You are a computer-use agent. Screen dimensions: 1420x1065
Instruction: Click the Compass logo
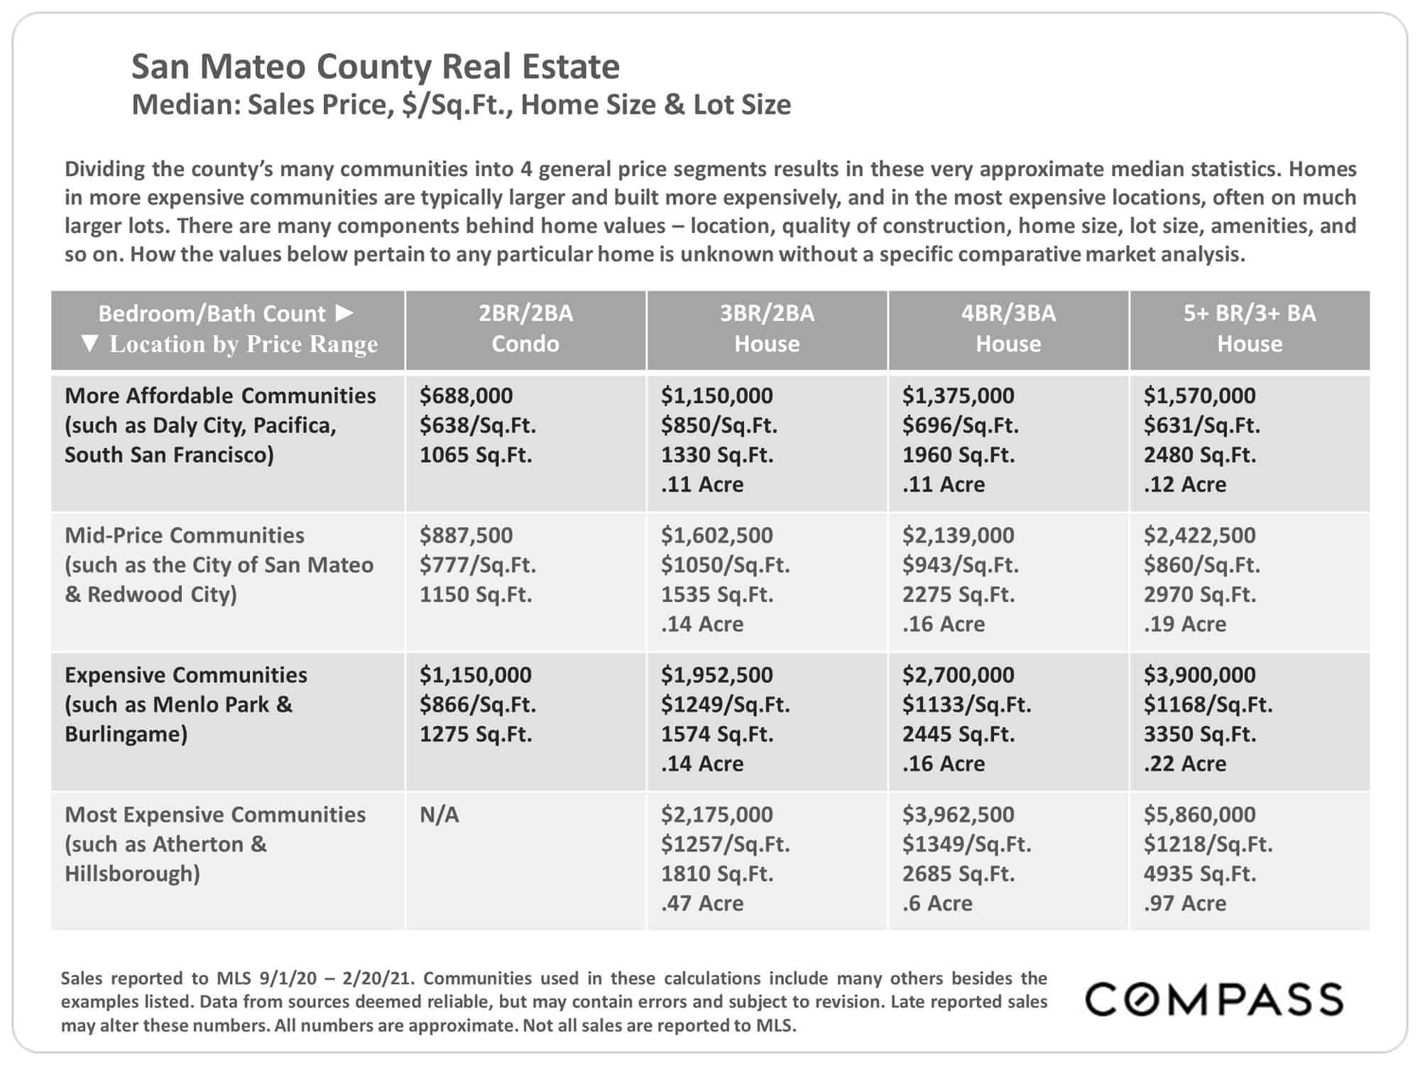tap(1213, 999)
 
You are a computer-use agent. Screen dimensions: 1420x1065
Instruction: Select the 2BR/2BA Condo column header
tap(525, 328)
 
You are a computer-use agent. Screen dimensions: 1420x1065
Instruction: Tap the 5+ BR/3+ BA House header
tap(1250, 328)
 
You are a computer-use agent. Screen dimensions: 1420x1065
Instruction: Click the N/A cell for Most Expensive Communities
tap(439, 814)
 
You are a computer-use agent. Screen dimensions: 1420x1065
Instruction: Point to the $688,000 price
tap(466, 395)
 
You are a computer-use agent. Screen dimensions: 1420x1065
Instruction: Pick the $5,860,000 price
tap(1199, 814)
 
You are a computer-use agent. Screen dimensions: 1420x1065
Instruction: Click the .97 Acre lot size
tap(1185, 903)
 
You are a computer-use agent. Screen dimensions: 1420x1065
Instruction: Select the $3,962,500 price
tap(958, 814)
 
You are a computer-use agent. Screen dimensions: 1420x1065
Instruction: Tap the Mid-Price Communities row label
tap(185, 535)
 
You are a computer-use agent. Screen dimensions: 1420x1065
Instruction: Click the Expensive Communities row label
tap(186, 675)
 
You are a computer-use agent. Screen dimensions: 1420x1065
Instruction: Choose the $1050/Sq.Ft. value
tap(726, 565)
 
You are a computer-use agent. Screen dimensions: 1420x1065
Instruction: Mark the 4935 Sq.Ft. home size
tap(1200, 873)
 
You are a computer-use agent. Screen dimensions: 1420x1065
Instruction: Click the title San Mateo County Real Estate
tap(376, 67)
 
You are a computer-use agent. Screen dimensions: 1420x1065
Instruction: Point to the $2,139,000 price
tap(958, 535)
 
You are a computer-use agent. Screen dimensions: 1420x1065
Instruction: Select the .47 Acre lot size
tap(702, 903)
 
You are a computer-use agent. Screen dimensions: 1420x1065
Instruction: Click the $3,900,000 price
tap(1199, 675)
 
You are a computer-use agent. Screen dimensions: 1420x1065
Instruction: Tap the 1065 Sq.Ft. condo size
tap(476, 454)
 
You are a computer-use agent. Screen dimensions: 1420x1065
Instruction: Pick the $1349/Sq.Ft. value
tap(967, 844)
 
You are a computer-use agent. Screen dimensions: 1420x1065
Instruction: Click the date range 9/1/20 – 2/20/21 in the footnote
tap(335, 978)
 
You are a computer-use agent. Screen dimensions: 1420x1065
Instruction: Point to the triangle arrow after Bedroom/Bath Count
tap(344, 312)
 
